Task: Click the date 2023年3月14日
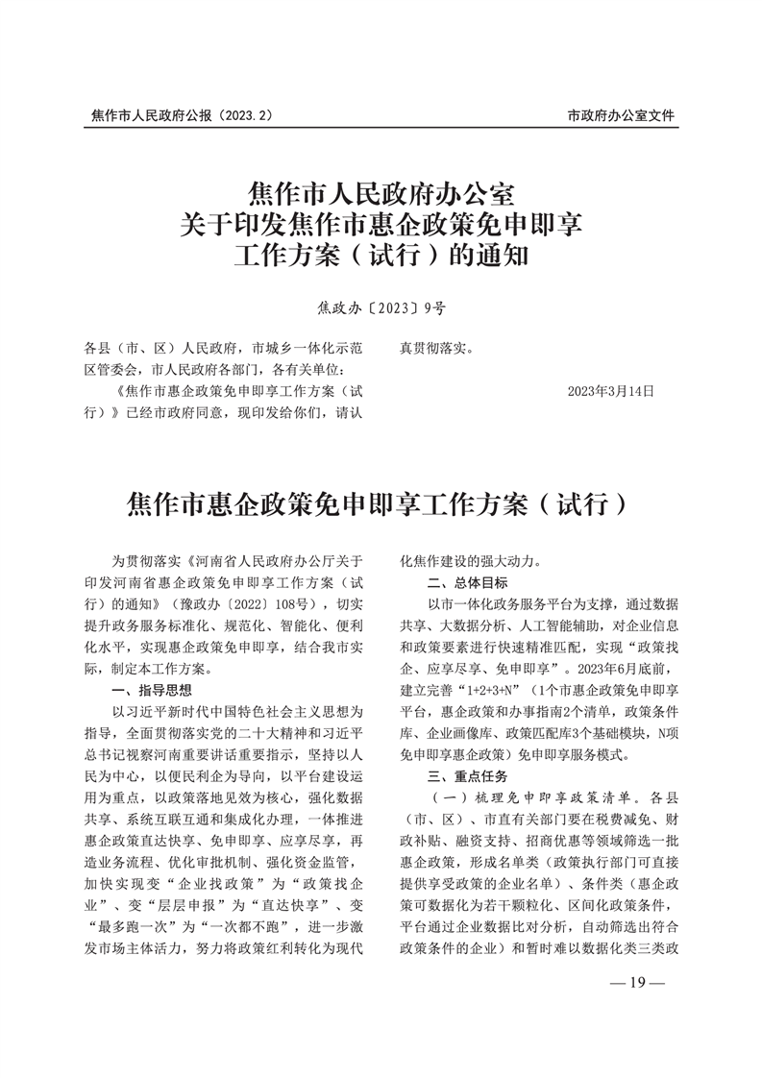tap(610, 391)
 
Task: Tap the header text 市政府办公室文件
tap(621, 115)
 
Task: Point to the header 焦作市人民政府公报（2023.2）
tap(183, 115)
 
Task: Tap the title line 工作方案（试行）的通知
tap(381, 257)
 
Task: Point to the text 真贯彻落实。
tap(436, 348)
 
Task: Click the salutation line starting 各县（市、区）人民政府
tap(221, 348)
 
